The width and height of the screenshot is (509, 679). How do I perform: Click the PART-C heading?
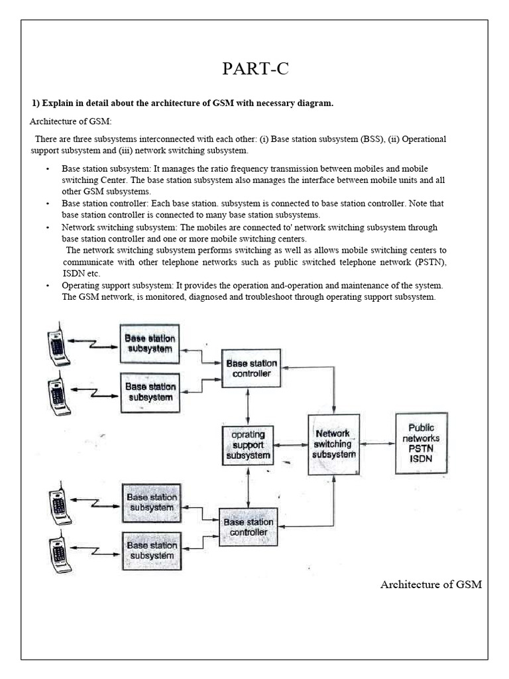[254, 70]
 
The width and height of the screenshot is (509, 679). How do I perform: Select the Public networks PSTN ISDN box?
[421, 442]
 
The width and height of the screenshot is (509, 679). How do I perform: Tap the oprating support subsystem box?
[247, 445]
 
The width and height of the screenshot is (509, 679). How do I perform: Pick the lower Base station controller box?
[248, 527]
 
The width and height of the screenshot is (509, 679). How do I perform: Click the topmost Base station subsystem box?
[150, 343]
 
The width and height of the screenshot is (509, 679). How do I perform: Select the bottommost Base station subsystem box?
[152, 550]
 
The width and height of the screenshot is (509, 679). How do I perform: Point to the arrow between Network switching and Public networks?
[376, 443]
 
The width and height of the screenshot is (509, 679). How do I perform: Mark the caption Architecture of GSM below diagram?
[431, 584]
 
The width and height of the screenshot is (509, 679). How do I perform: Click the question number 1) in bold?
[36, 103]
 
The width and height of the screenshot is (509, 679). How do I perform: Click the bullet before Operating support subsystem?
[48, 285]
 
